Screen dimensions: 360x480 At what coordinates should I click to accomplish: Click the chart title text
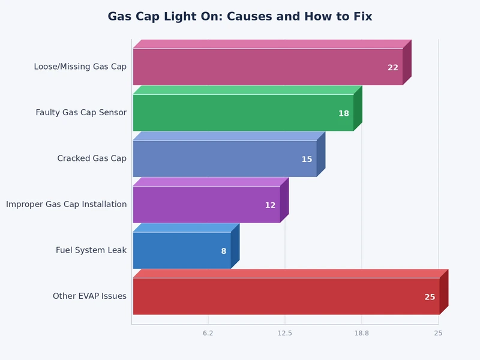point(240,17)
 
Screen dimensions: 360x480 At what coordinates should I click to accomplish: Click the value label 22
point(393,68)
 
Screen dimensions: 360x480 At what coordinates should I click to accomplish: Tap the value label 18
point(344,113)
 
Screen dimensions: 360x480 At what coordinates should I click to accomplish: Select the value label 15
point(307,160)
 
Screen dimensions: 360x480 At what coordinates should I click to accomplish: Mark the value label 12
point(270,205)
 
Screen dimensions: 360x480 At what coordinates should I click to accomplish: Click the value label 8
point(224,251)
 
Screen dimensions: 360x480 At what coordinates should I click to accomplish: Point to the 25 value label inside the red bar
point(430,297)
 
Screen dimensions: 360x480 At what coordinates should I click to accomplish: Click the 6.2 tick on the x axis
point(208,333)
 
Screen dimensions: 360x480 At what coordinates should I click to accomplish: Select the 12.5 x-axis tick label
point(284,333)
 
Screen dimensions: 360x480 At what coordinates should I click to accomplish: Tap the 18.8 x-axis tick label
point(361,333)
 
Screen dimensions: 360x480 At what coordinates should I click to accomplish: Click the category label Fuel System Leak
point(91,250)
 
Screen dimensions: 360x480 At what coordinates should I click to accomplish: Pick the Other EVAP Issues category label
point(89,296)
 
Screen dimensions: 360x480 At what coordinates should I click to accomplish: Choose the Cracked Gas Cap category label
point(92,158)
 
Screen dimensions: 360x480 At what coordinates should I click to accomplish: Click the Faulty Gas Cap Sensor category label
point(81,112)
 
